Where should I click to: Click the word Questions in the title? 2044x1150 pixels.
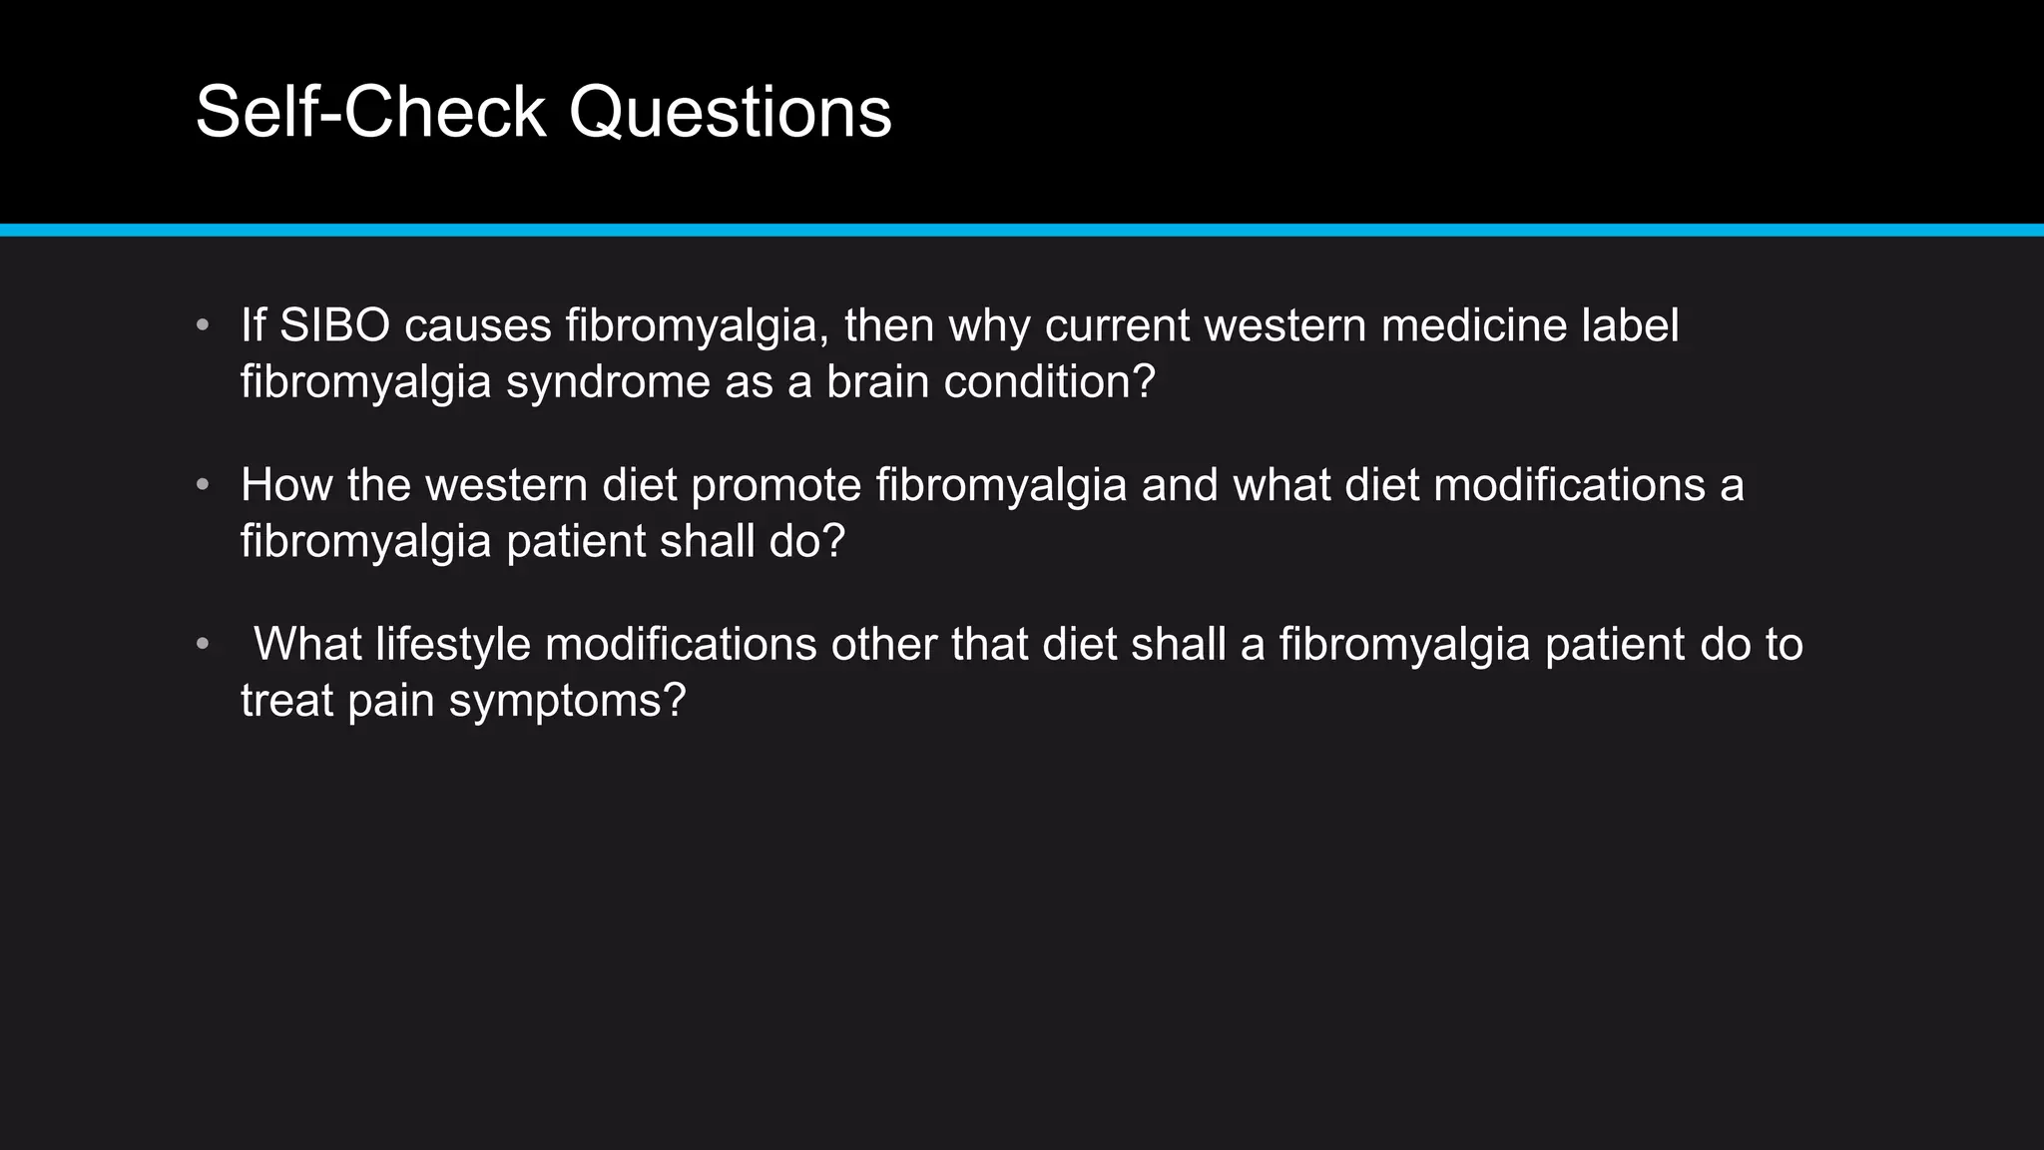pyautogui.click(x=730, y=112)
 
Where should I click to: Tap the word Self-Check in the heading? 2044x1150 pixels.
pyautogui.click(x=370, y=112)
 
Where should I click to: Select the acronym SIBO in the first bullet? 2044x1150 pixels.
pyautogui.click(x=334, y=325)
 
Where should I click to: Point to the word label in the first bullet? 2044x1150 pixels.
pyautogui.click(x=1630, y=325)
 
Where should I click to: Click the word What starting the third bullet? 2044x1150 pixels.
pyautogui.click(x=307, y=644)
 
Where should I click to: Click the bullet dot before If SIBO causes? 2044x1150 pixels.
pyautogui.click(x=203, y=325)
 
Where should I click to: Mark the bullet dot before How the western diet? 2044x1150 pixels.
pyautogui.click(x=203, y=485)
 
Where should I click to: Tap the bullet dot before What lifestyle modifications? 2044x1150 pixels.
pyautogui.click(x=203, y=644)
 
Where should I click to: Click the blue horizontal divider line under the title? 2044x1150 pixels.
pyautogui.click(x=1022, y=231)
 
